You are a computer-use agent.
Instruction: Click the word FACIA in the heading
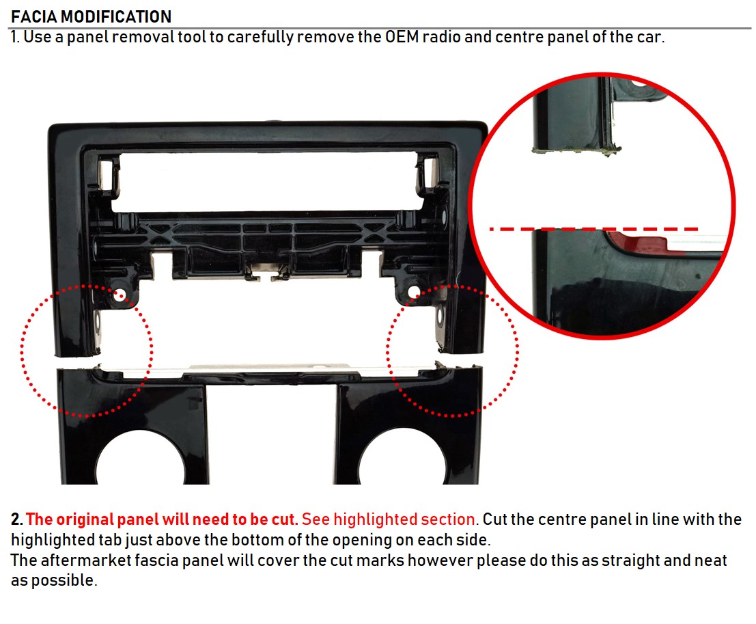coord(34,16)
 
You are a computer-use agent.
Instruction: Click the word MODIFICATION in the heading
coord(116,16)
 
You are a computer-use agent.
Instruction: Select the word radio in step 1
coord(442,37)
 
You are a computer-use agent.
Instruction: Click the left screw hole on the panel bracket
coord(120,295)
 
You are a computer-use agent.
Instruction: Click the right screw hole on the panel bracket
coord(414,291)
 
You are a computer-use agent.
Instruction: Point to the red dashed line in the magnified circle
coord(593,229)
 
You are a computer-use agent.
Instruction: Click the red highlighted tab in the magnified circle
coord(641,242)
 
